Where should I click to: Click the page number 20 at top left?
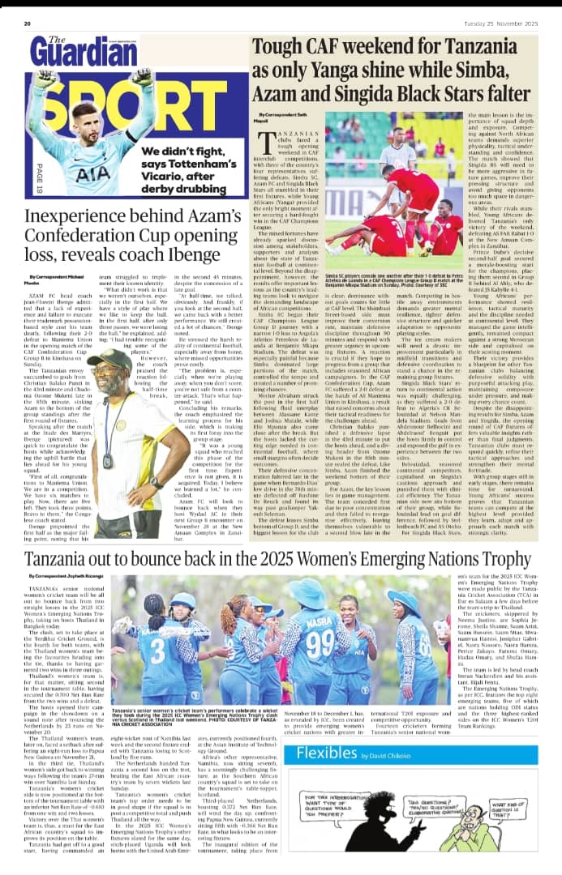tap(28, 24)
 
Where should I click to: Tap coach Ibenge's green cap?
tap(109, 359)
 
